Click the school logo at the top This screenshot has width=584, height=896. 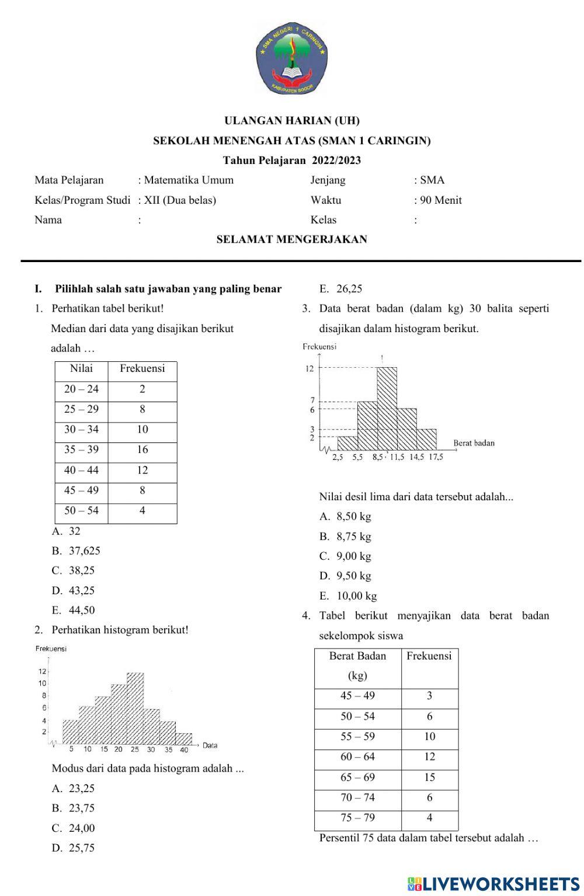tap(292, 58)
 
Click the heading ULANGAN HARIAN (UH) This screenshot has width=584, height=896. tap(292, 121)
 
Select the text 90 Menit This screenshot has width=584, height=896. tap(441, 200)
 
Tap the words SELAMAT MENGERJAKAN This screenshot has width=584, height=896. tap(292, 239)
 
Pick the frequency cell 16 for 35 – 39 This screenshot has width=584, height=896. tap(142, 450)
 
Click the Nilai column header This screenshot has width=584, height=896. tap(81, 368)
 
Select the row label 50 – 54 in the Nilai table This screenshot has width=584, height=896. tap(81, 511)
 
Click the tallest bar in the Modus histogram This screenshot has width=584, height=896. tap(135, 706)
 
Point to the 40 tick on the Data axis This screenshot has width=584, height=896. tap(184, 749)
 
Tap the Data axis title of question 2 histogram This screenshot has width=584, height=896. tap(210, 745)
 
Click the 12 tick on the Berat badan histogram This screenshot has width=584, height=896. tap(310, 368)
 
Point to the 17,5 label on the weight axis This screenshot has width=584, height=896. tap(436, 457)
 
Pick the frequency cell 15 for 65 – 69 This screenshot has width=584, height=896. tap(429, 778)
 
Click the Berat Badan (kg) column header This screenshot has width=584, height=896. tap(357, 665)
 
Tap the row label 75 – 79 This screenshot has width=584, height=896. tap(357, 818)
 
